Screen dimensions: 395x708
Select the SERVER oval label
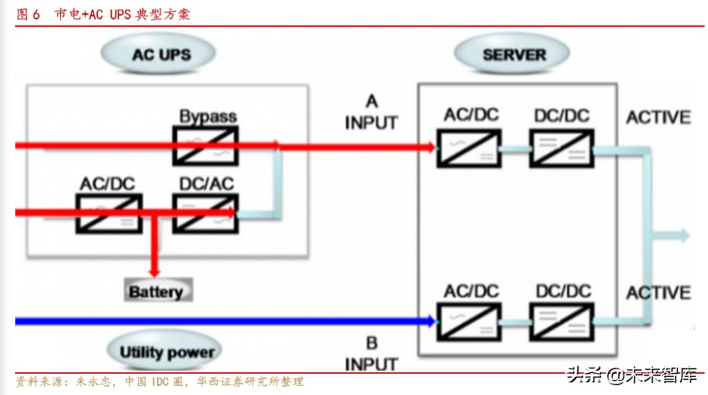point(514,54)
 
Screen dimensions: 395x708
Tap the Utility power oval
point(167,351)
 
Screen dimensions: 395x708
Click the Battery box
point(155,292)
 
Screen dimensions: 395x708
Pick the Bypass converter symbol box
point(205,145)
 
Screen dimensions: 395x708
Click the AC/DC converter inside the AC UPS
point(109,213)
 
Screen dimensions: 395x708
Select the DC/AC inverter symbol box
point(205,213)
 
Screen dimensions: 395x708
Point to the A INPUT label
point(371,112)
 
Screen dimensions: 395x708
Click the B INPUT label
point(371,354)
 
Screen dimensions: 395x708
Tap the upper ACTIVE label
point(658,118)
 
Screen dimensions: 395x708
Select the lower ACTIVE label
point(658,292)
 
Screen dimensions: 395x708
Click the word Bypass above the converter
point(207,117)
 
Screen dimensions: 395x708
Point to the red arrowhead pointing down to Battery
point(155,271)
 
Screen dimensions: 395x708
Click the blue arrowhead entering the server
point(431,322)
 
